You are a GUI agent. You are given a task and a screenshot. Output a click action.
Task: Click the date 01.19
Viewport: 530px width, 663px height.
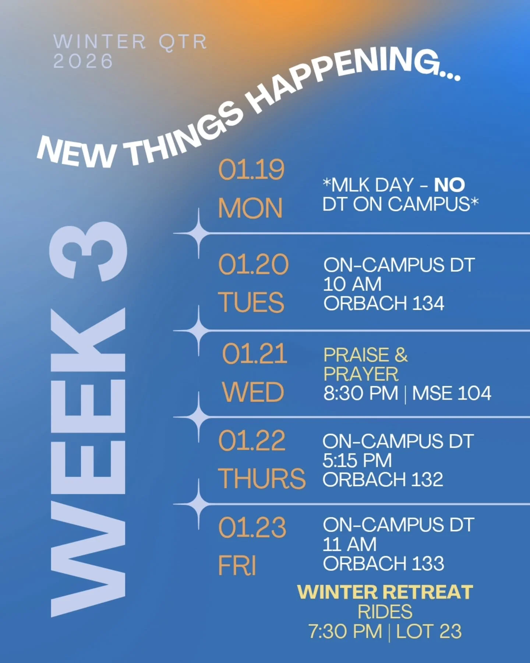pos(251,170)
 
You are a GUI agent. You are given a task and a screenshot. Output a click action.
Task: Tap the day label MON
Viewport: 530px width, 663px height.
pos(250,208)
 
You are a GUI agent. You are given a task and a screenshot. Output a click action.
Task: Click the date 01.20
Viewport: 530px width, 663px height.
pos(253,264)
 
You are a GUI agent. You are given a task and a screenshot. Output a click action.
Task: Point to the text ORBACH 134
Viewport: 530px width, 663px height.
pos(384,304)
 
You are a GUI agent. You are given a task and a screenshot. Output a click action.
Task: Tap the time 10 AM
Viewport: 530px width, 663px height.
pos(352,284)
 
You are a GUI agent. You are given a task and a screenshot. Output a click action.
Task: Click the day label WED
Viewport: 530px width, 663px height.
pos(253,392)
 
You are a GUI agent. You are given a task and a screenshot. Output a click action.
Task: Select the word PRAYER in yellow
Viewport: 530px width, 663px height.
pos(361,374)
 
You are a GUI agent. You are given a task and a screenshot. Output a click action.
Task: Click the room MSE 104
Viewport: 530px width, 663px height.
pos(451,393)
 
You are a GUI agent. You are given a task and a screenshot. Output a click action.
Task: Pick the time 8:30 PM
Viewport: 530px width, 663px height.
pos(361,393)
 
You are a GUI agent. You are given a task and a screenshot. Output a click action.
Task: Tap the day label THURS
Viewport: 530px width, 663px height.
pos(261,479)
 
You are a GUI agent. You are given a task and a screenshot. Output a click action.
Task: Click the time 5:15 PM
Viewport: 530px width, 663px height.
pos(357,460)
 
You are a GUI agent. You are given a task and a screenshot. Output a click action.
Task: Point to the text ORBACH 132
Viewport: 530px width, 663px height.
pos(383,480)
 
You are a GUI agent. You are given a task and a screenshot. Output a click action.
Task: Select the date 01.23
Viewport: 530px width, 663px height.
pos(252,527)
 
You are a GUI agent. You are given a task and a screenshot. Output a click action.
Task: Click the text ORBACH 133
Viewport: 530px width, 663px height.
pos(384,564)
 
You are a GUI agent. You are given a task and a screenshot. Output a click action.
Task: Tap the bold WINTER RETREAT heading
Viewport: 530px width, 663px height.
pos(385,592)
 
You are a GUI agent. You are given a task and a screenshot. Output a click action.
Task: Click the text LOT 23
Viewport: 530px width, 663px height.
pos(428,631)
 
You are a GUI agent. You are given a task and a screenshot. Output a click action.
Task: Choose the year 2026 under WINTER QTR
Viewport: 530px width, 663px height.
pos(83,61)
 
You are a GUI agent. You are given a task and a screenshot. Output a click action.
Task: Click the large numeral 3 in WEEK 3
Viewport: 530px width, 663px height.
pos(88,251)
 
